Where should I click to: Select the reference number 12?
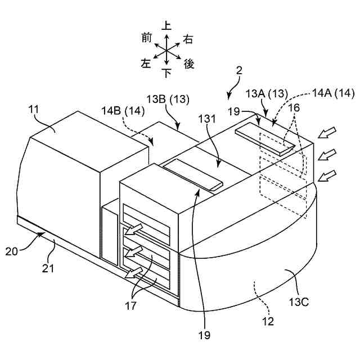coord(268,322)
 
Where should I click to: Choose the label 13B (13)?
coord(168,100)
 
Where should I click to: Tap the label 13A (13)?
coord(267,93)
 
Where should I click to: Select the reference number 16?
coord(294,107)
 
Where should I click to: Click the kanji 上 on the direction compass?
coord(166,26)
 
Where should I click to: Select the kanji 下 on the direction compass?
coord(166,73)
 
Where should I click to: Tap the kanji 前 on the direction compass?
coord(147,37)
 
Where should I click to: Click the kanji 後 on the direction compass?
coord(189,65)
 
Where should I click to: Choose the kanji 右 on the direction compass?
coord(188,39)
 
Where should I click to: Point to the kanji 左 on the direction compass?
coord(147,64)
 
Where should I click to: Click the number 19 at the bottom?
coord(204,335)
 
